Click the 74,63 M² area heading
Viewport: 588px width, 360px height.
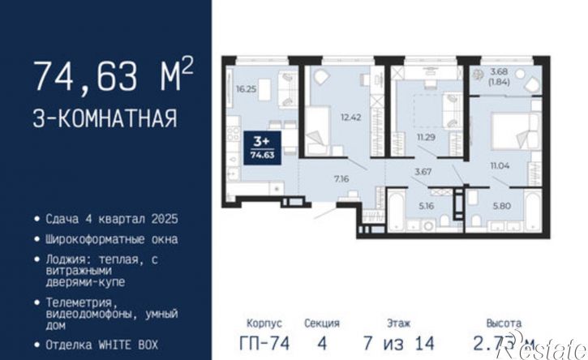(x=113, y=77)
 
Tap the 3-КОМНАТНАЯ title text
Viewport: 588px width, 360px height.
(x=105, y=119)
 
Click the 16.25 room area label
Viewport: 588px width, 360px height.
(x=246, y=90)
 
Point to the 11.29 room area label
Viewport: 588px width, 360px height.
(x=425, y=139)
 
